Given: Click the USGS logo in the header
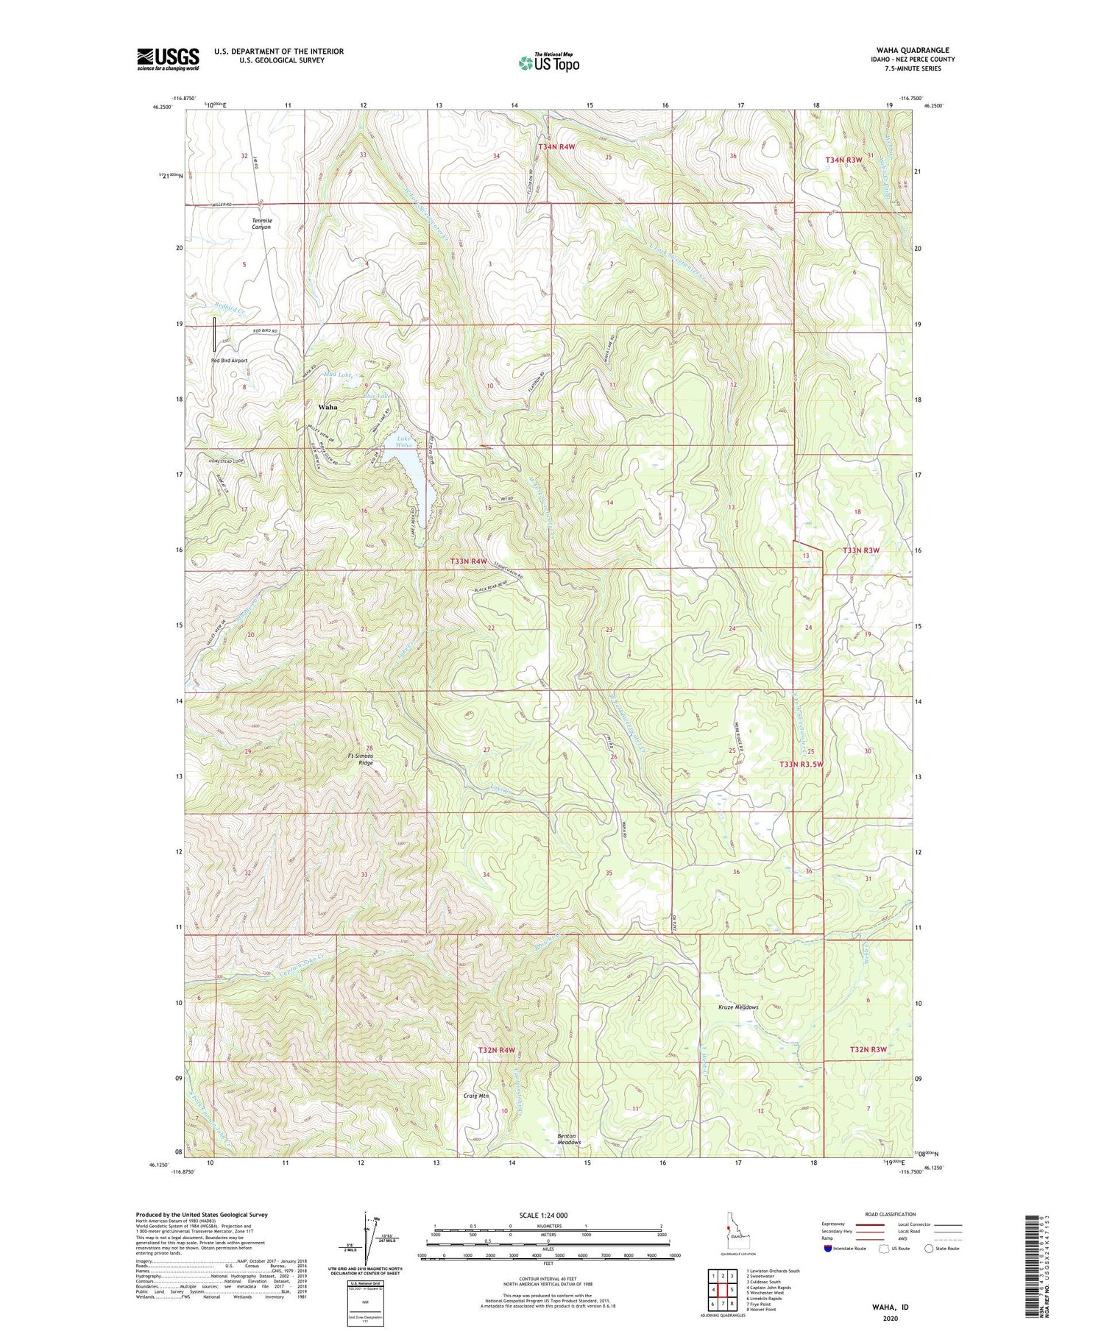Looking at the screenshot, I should pos(168,59).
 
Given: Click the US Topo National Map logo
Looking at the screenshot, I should pos(549,63).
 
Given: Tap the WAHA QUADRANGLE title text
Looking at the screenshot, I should pos(912,50).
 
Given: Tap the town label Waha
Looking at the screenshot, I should pos(328,407).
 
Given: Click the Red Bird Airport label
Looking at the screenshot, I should pos(229,361).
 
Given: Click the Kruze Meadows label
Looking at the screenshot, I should pos(738,1007).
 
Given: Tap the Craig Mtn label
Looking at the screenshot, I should pos(476,1096).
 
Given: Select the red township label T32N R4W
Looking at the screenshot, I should pos(496,1050).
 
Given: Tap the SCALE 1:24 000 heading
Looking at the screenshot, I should pos(546,1215).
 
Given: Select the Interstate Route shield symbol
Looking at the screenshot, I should pos(828,1249).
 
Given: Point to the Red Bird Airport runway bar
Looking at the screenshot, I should pos(215,334).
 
